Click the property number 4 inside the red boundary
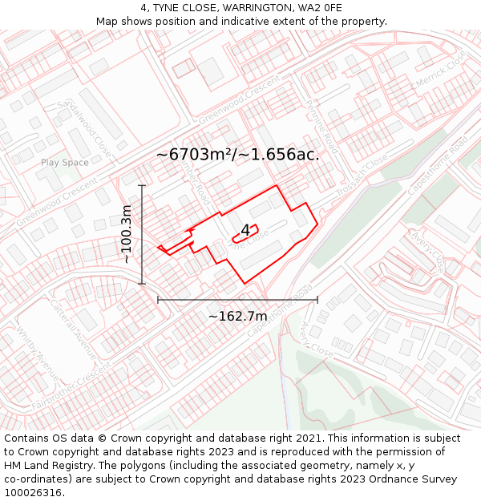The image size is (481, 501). [x=245, y=231]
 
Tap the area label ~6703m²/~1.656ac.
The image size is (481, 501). [x=237, y=155]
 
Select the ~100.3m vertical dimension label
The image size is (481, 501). [x=126, y=234]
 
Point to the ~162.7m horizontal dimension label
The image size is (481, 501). [x=237, y=317]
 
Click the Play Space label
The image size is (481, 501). [x=65, y=163]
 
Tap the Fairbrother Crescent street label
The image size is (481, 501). [x=71, y=390]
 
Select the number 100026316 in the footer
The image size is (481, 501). [x=34, y=492]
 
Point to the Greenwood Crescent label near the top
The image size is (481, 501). [x=240, y=100]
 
